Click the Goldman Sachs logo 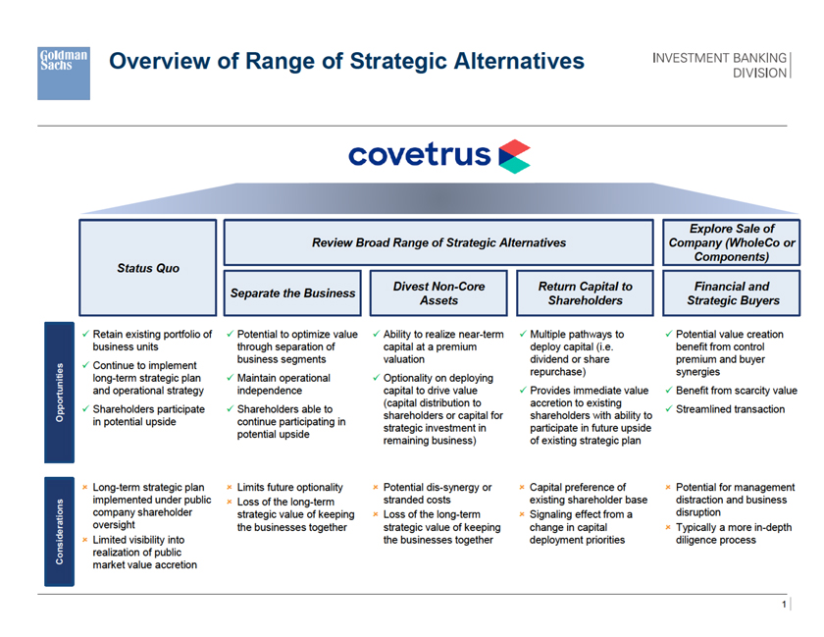[64, 72]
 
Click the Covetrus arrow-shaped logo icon [514, 156]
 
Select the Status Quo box [148, 268]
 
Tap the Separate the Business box [292, 292]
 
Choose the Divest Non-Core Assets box [438, 292]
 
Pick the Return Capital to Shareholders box [585, 292]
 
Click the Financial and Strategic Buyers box [731, 292]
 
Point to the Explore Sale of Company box [731, 242]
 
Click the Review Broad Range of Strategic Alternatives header [438, 242]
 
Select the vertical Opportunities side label [58, 393]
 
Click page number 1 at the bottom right [785, 605]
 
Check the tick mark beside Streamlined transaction [668, 409]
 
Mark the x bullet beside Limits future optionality [229, 488]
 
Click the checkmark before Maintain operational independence [229, 377]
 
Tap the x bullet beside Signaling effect [521, 514]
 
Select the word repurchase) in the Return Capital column [557, 372]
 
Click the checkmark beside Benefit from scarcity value [668, 391]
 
